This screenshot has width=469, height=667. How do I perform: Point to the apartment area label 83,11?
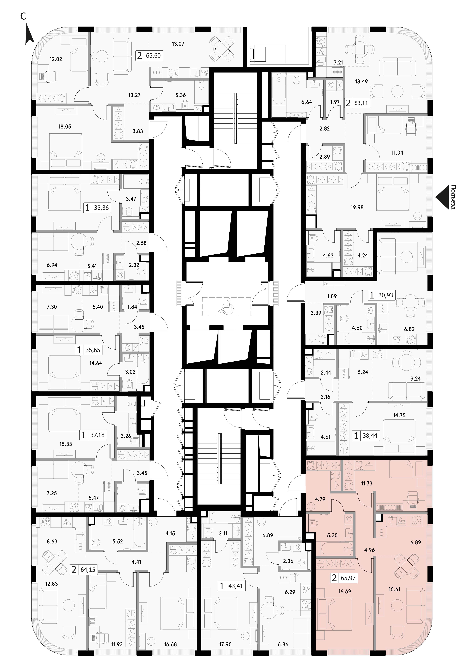[x=361, y=103]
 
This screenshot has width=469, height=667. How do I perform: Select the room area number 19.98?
[x=357, y=207]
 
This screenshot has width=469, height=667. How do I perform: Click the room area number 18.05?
[x=64, y=127]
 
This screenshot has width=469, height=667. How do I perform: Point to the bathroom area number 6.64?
[x=307, y=102]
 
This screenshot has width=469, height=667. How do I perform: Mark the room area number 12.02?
[x=56, y=59]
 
